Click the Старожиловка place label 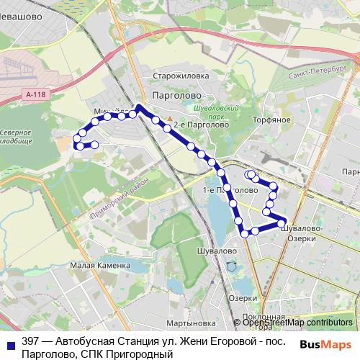coord(181,75)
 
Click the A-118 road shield coord(33,94)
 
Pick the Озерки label coord(243,298)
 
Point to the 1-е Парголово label coord(230,190)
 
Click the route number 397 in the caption coord(31,341)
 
